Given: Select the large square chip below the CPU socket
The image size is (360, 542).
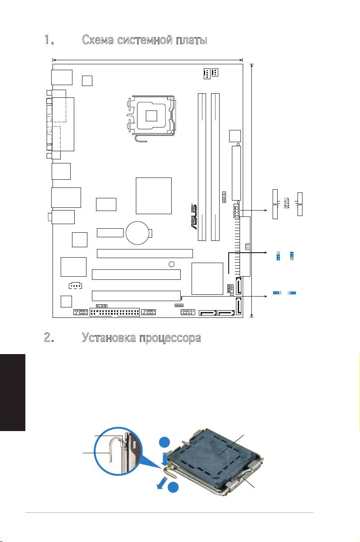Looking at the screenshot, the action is pos(154,196).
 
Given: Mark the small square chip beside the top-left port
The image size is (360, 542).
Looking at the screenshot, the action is pos(87,81).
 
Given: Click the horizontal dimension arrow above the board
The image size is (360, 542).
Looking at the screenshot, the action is pos(148,59).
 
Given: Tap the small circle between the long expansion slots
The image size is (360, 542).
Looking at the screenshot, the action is pos(171,264).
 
